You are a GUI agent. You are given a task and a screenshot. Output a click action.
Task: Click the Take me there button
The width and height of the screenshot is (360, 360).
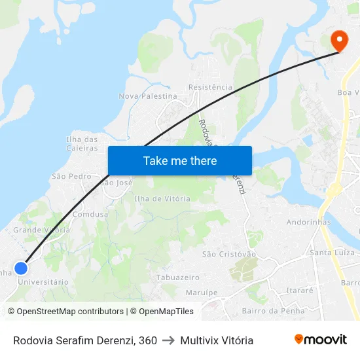click(x=179, y=160)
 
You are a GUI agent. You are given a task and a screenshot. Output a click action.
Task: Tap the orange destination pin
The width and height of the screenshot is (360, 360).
click(x=339, y=41)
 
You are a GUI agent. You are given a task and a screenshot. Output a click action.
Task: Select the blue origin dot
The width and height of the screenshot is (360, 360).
click(x=21, y=268)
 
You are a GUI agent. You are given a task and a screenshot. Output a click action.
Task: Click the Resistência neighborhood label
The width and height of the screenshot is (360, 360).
click(x=210, y=87)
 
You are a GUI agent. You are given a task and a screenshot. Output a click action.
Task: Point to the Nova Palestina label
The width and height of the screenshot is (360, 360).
click(x=148, y=96)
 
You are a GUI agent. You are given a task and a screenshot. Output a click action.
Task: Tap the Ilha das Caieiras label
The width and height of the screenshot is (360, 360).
click(x=82, y=144)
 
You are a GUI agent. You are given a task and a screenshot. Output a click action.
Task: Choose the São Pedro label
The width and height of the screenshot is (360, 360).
click(x=71, y=177)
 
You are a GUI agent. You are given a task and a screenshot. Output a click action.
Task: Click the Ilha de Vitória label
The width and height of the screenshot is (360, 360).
click(x=162, y=198)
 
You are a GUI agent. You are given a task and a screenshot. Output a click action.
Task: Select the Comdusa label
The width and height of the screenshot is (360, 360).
click(x=90, y=214)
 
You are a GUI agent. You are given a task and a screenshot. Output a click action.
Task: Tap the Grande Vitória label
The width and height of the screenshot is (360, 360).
click(x=42, y=230)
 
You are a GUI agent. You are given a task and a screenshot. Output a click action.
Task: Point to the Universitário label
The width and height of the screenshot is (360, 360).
click(x=43, y=282)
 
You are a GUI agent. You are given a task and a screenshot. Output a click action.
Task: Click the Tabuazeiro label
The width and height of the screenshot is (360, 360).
click(x=178, y=278)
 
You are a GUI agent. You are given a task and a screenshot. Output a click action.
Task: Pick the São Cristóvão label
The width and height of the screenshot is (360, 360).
click(x=229, y=254)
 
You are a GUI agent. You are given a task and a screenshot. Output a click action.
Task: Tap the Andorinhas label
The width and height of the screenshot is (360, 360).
click(x=308, y=223)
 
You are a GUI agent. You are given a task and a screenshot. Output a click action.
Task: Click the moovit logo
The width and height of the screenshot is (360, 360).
click(x=321, y=340)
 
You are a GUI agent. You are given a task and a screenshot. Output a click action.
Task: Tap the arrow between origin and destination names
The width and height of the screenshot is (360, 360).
click(x=168, y=340)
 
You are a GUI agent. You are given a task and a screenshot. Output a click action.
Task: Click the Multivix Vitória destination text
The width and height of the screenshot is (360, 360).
click(x=217, y=340)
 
